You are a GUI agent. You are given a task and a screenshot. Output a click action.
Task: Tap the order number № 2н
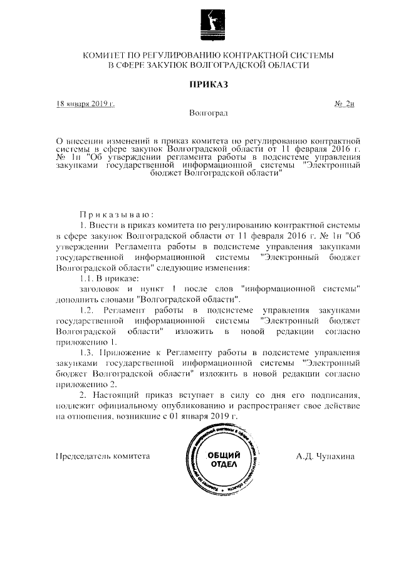[x=345, y=103]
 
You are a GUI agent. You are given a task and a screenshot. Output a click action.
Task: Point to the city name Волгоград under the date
[x=208, y=113]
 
